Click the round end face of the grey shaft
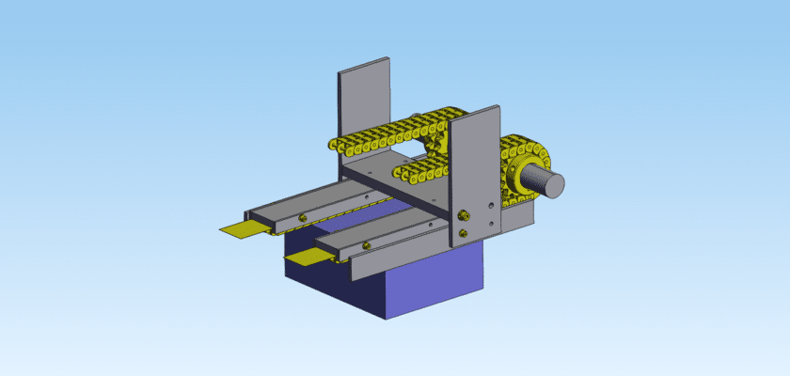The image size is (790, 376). (x=552, y=185)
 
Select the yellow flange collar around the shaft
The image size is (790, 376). (x=516, y=179)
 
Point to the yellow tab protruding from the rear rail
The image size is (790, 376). (x=239, y=230)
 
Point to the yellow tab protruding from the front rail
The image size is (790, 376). (x=304, y=255)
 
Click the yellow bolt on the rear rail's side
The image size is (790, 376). (x=301, y=218)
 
